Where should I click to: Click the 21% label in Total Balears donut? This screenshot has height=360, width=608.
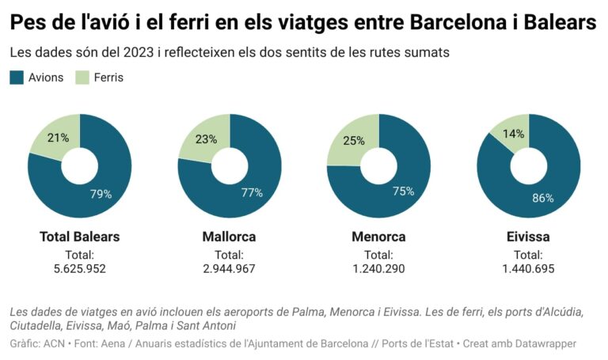(58, 138)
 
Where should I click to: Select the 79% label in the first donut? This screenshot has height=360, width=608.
(101, 194)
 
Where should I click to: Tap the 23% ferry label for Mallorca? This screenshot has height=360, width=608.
(207, 139)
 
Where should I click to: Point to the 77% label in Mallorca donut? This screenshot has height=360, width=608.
(252, 192)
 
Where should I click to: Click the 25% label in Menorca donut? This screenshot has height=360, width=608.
(354, 141)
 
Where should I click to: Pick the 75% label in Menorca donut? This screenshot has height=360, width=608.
(403, 191)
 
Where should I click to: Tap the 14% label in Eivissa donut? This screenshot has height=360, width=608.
(513, 134)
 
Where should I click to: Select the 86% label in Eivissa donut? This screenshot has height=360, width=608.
(542, 198)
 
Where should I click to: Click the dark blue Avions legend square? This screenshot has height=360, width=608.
(17, 78)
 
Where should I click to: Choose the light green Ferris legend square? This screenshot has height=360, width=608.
(82, 78)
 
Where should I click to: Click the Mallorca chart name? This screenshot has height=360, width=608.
(229, 237)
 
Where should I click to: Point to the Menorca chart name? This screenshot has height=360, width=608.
(378, 237)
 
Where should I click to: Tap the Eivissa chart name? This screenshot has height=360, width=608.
(528, 237)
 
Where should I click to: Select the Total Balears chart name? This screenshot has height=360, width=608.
(79, 237)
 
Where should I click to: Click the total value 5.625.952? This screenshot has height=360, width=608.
(79, 268)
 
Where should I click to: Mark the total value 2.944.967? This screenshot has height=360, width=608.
(229, 268)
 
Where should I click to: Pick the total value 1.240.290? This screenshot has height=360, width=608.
(378, 268)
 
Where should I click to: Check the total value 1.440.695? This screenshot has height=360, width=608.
(528, 268)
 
